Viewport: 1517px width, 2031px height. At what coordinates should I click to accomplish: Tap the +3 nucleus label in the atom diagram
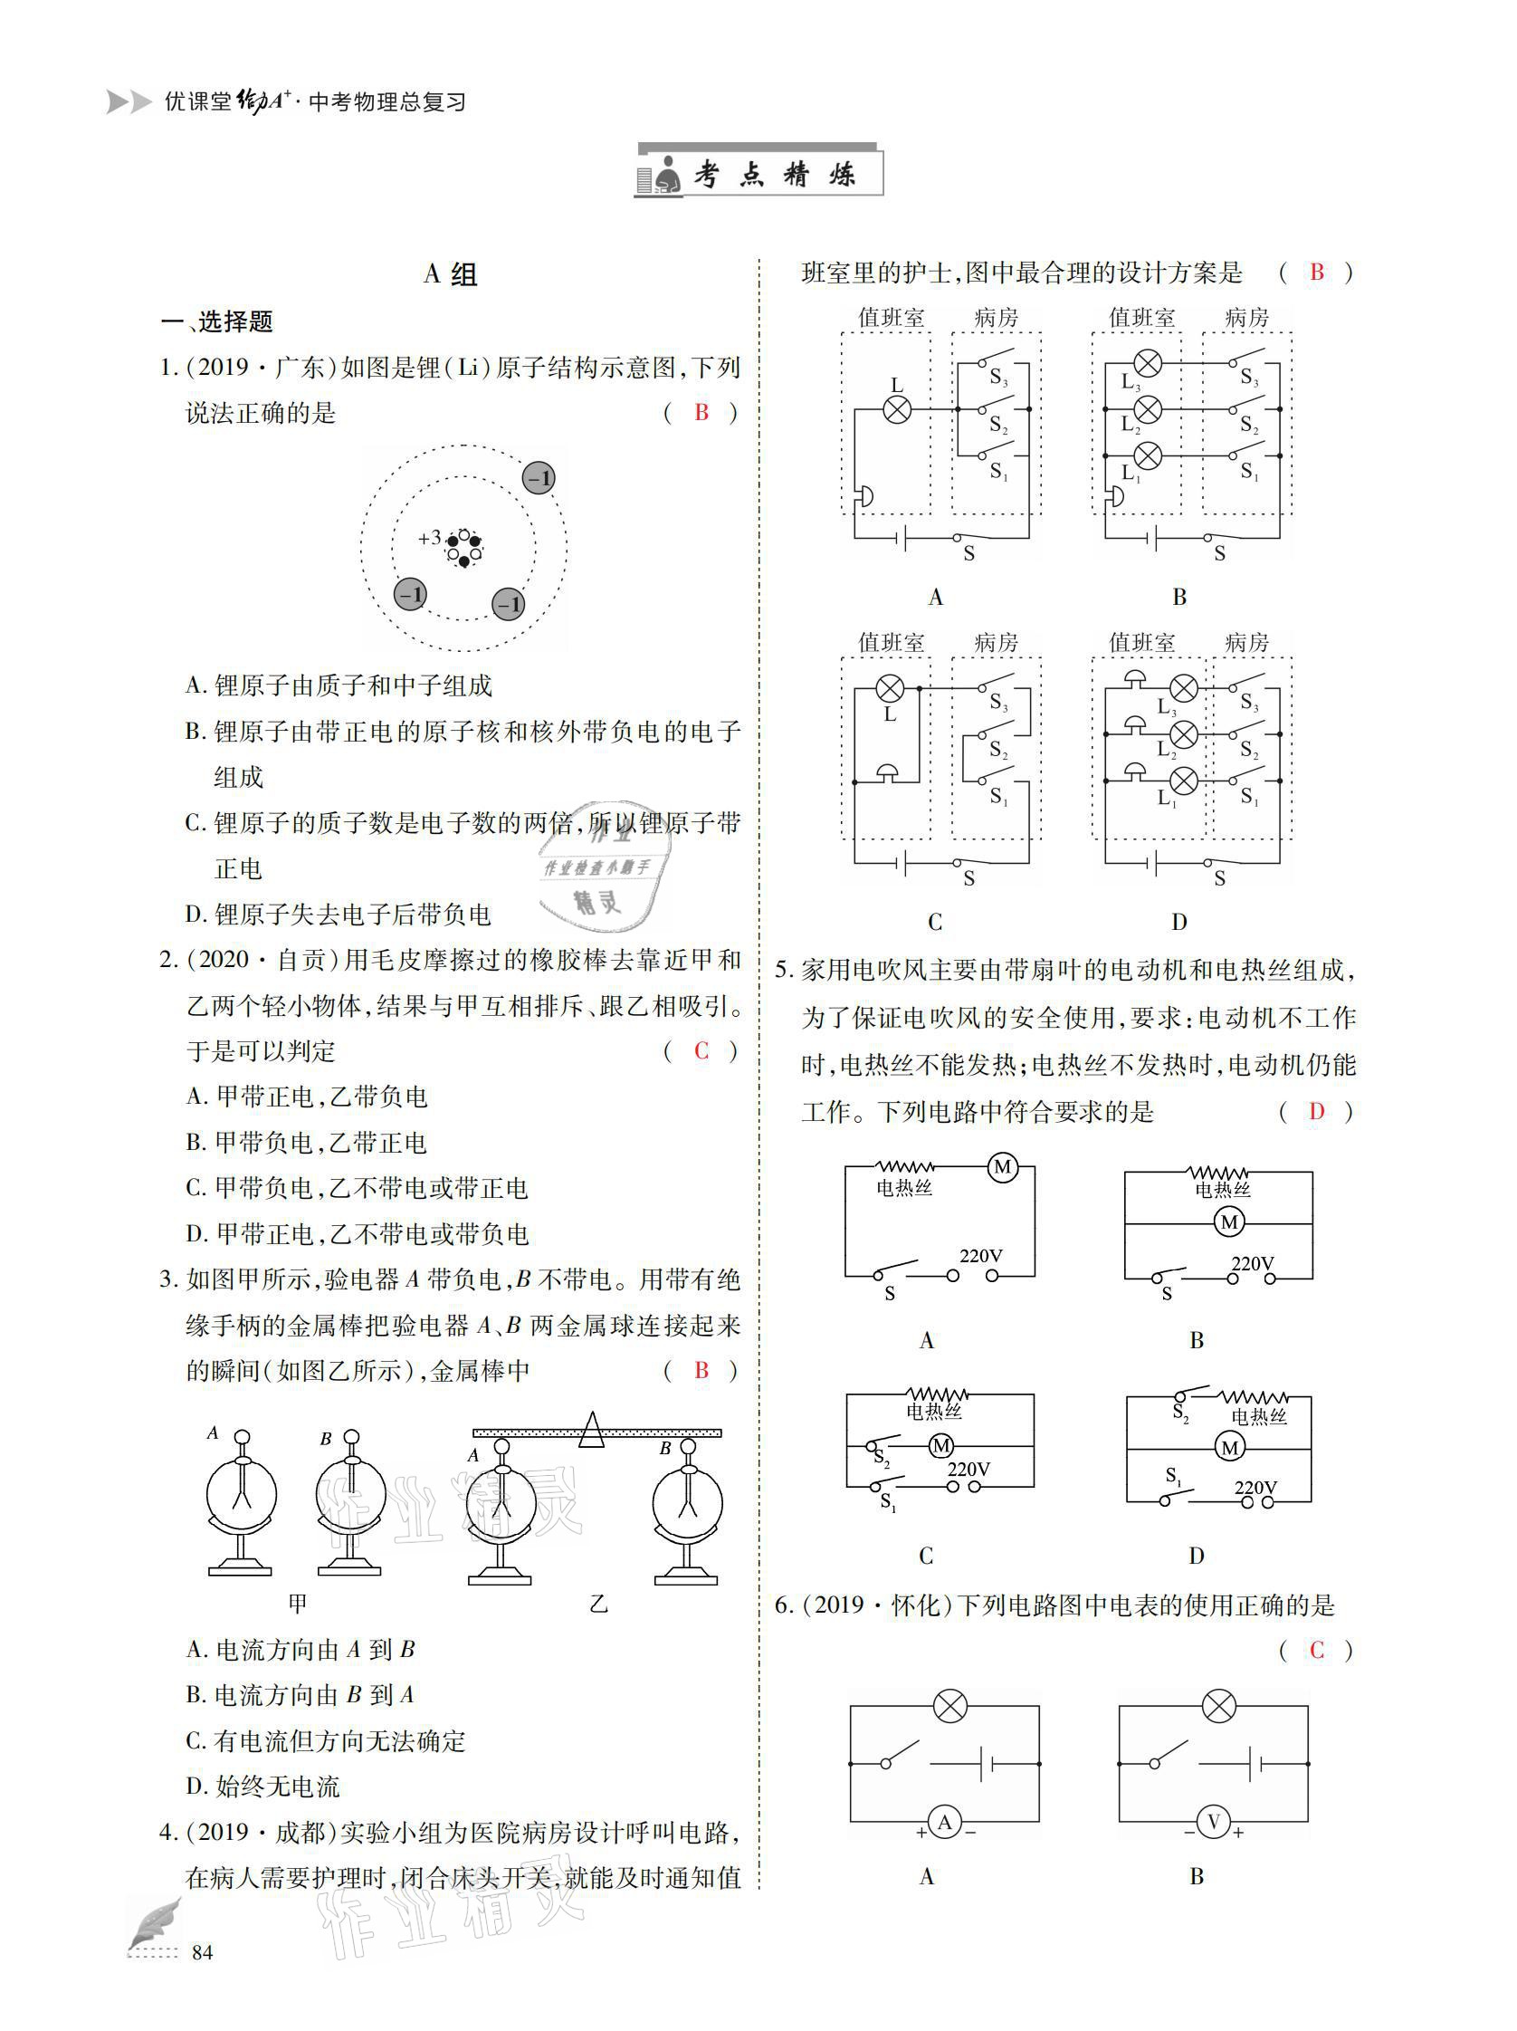430,538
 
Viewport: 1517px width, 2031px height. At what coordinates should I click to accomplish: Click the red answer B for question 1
701,412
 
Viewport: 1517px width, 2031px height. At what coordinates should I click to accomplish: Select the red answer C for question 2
701,1050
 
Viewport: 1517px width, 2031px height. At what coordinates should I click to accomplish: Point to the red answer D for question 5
1316,1111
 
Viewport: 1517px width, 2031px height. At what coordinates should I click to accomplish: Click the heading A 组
450,273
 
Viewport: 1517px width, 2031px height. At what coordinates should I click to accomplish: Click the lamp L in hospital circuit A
897,409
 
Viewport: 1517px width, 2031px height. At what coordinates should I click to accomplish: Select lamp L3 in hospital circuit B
1147,364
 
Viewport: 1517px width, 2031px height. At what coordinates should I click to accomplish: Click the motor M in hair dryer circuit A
1001,1167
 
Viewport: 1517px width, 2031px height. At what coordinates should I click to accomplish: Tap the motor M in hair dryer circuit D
1229,1448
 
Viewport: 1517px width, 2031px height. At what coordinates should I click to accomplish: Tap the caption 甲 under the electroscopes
298,1603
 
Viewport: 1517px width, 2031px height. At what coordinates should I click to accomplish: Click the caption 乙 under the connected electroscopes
598,1603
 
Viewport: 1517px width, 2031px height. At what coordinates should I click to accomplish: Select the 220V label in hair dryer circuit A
980,1255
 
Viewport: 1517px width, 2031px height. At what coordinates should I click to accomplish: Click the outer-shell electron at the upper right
539,478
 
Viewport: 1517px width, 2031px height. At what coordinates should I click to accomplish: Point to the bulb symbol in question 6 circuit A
949,1706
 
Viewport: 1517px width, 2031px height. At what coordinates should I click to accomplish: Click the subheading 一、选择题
217,321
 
